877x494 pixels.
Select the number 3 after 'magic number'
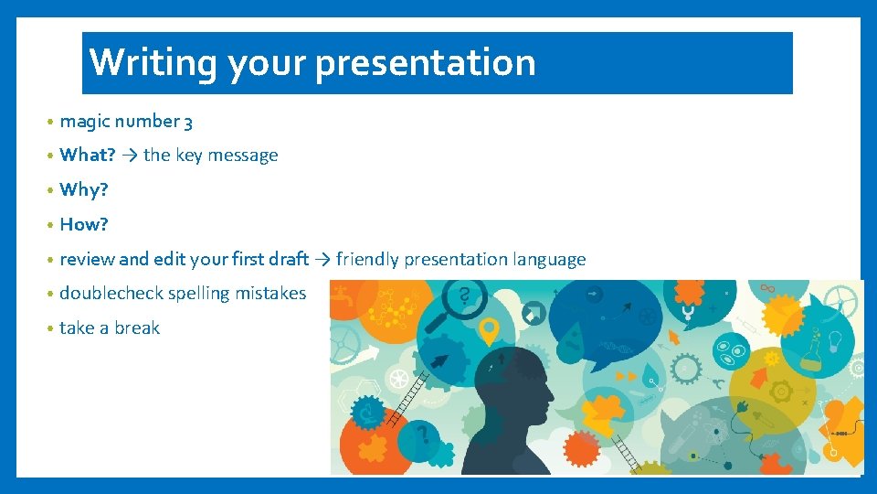pyautogui.click(x=188, y=122)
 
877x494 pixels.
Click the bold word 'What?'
pyautogui.click(x=88, y=156)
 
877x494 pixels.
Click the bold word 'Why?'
pyautogui.click(x=84, y=190)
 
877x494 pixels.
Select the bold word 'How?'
pyautogui.click(x=84, y=224)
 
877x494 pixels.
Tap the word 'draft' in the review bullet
pyautogui.click(x=289, y=259)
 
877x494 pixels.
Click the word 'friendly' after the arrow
pyautogui.click(x=367, y=259)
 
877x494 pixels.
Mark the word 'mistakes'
pyautogui.click(x=271, y=294)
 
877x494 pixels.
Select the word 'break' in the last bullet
pyautogui.click(x=137, y=328)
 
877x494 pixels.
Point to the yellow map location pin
pyautogui.click(x=490, y=330)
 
